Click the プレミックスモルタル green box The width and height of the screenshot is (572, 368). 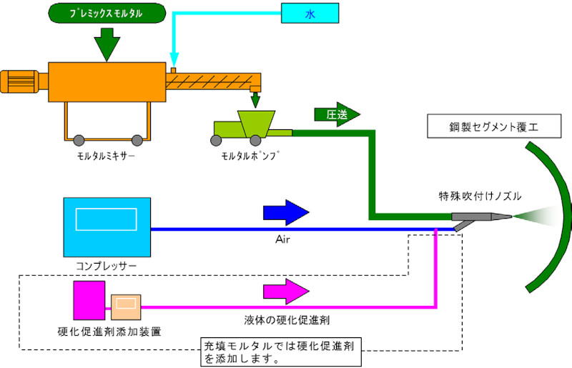pos(107,13)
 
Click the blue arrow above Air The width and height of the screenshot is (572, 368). pos(286,212)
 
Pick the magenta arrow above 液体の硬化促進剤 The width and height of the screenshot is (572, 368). pos(286,291)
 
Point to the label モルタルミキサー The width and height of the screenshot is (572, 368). pos(106,155)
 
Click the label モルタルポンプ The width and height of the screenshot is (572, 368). pos(250,155)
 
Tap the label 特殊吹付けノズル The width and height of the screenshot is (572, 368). pos(480,194)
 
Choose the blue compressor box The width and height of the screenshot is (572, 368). pos(107,227)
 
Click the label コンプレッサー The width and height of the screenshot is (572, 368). pos(106,266)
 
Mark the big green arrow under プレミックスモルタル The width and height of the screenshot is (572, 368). pos(106,44)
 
